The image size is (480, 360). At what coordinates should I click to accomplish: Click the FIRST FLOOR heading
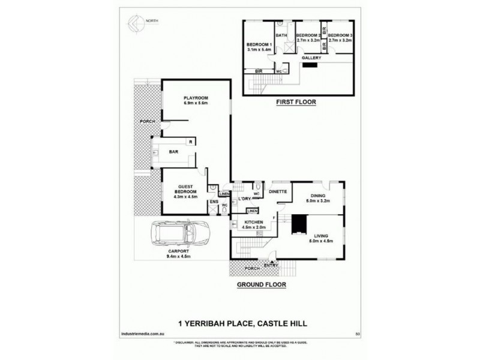[295, 102]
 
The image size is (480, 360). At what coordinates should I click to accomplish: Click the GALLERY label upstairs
[311, 58]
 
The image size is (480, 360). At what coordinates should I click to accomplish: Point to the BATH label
[282, 35]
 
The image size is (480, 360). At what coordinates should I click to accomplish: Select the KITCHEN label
[254, 222]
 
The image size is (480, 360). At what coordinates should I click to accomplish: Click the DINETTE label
[279, 192]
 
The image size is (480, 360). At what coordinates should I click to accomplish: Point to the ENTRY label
[280, 265]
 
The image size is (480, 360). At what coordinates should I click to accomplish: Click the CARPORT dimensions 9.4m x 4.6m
[179, 256]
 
